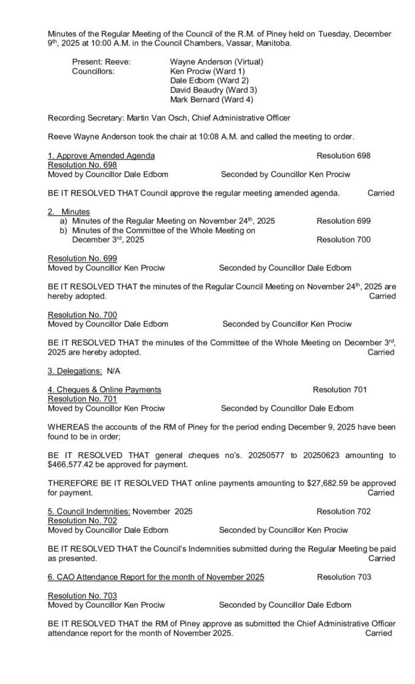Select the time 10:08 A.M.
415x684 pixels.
pyautogui.click(x=213, y=137)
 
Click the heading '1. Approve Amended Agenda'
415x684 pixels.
pyautogui.click(x=101, y=156)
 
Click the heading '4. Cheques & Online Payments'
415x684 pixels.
pyautogui.click(x=104, y=389)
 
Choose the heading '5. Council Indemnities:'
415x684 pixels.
pyautogui.click(x=89, y=511)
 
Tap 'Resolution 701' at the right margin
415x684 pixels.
pyautogui.click(x=339, y=389)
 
